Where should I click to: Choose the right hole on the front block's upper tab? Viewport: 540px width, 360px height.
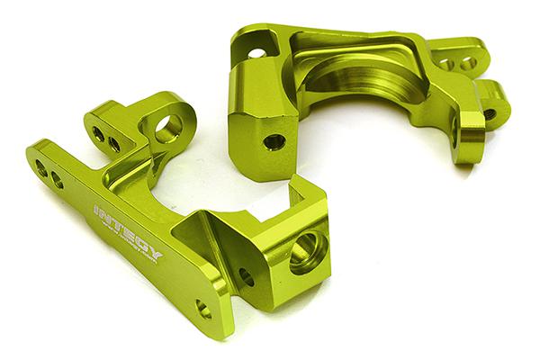coord(114,143)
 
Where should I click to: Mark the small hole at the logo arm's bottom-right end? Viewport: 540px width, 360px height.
coord(204,310)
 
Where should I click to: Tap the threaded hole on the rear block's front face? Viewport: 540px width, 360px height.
coord(274,141)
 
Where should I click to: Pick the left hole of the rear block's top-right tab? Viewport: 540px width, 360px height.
coord(446,64)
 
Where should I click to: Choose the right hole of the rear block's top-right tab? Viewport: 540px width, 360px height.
coord(467,63)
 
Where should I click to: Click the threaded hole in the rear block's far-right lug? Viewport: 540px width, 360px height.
coord(490,115)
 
